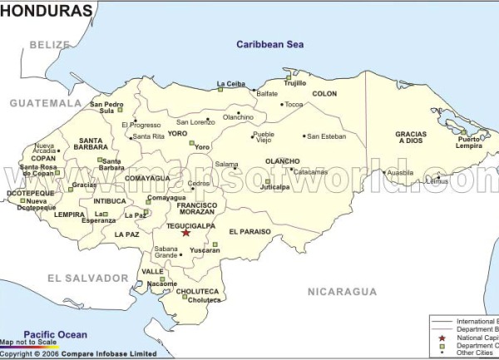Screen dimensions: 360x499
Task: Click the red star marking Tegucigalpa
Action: tap(185, 233)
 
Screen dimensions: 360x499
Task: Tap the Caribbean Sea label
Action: tap(269, 44)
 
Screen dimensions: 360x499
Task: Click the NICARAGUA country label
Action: tap(342, 292)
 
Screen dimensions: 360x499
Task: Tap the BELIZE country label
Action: tap(50, 45)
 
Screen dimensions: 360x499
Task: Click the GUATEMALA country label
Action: tap(46, 103)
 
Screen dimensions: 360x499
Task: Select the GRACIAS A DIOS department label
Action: tap(411, 137)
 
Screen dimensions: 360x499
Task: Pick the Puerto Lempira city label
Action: tap(469, 142)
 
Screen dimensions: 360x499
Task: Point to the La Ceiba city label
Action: tap(230, 83)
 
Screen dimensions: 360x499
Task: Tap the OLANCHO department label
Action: tap(282, 161)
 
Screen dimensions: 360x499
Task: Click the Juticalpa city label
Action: tap(275, 187)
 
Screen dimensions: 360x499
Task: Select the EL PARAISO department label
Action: tap(250, 231)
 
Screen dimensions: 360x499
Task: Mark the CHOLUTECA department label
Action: tap(197, 292)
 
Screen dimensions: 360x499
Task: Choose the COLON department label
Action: tap(324, 94)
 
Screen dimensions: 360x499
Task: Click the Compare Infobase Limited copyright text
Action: tap(79, 353)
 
